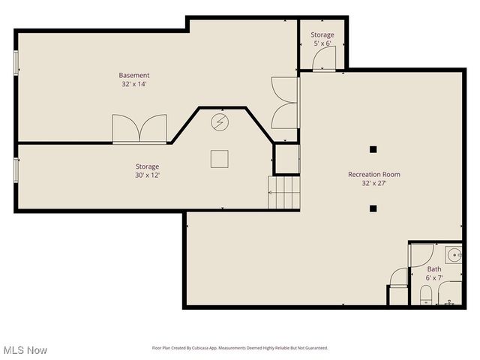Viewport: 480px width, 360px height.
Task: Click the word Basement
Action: tap(134, 75)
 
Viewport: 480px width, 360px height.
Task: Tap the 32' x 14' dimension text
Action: tap(134, 84)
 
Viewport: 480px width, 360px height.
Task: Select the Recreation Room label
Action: tap(373, 174)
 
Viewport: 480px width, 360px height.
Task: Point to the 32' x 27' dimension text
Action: tap(373, 183)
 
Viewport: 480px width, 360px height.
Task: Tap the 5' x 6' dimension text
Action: tap(322, 43)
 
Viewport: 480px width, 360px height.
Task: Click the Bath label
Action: tap(434, 268)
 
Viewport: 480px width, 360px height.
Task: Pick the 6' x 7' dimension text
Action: tap(434, 277)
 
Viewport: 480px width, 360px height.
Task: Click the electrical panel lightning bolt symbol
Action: tap(220, 121)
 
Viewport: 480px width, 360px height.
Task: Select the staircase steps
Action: tap(284, 193)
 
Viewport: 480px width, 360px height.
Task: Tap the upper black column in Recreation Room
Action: tap(373, 148)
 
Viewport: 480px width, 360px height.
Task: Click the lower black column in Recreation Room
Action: tap(373, 209)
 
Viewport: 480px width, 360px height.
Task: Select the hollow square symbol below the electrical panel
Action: tap(219, 158)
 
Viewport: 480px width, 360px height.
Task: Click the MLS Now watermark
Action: tap(25, 350)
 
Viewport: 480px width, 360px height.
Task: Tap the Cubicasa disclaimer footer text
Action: tap(240, 348)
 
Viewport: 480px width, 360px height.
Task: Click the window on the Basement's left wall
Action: tap(16, 62)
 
